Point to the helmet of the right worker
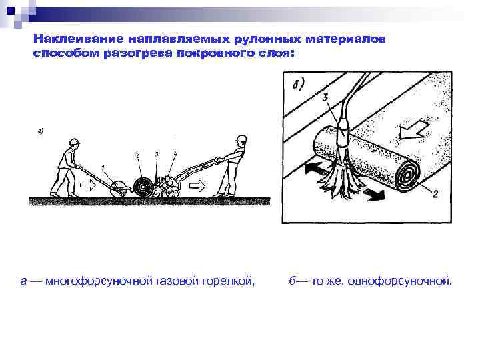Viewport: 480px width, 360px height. (x=241, y=139)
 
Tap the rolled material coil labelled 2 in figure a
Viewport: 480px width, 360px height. (x=141, y=185)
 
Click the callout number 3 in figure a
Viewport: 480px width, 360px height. (x=156, y=154)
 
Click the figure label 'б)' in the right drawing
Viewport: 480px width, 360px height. (x=298, y=84)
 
